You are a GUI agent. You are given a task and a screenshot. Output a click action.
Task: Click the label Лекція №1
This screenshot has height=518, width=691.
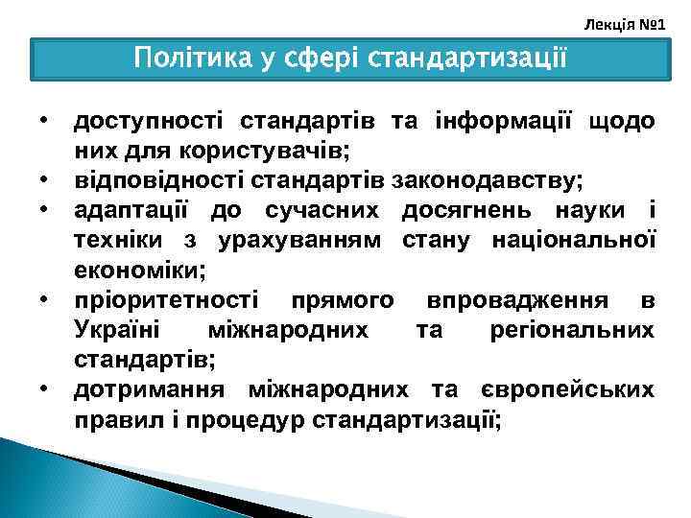click(625, 20)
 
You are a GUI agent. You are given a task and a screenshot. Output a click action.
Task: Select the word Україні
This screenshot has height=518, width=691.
click(110, 330)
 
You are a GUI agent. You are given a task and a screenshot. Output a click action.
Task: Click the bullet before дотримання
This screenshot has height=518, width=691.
click(44, 390)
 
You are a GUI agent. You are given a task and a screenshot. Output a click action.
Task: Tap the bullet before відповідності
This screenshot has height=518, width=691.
click(44, 181)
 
